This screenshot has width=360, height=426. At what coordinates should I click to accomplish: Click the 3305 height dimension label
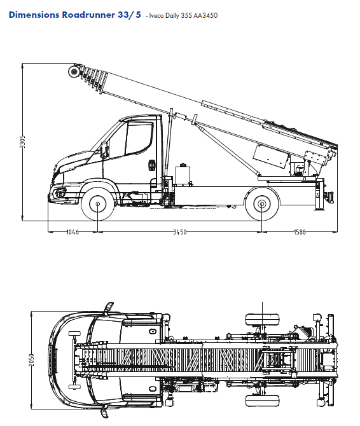pos(23,142)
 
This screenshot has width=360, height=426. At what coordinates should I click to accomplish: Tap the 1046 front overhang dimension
pos(73,232)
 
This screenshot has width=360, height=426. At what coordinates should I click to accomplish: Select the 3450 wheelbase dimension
pos(180,232)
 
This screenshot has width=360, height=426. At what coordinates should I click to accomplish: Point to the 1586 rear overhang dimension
pos(300,232)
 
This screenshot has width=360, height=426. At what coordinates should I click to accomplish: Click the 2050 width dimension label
pos(32,360)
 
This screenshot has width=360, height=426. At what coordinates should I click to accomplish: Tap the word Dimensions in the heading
pos(34,15)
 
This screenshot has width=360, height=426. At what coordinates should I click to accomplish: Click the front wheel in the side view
pos(98,203)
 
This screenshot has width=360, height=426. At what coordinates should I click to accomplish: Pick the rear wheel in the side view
pos(262,203)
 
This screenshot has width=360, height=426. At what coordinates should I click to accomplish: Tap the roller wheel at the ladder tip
pos(74,71)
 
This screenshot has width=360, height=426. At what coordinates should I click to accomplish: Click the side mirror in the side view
pos(104,149)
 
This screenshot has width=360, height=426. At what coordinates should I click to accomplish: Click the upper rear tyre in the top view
pos(263,319)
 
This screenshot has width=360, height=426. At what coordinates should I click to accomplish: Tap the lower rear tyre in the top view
pos(263,401)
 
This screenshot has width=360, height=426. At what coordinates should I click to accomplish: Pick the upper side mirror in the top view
pos(108,308)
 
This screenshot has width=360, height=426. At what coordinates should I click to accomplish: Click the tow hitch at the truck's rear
pos(330,196)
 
